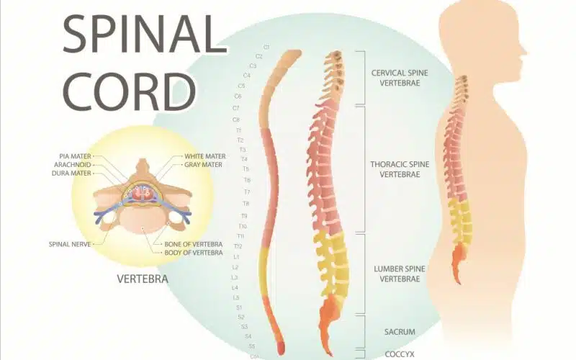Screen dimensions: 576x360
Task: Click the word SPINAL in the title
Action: [x=145, y=34]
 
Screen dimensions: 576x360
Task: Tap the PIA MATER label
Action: [x=75, y=156]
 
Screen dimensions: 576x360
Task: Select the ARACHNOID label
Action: [x=73, y=165]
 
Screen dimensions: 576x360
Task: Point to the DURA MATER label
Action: [x=71, y=173]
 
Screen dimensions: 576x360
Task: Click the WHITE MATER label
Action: [x=205, y=156]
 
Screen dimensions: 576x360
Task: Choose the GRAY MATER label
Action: [x=203, y=165]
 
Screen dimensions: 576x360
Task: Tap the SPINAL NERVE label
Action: [x=70, y=244]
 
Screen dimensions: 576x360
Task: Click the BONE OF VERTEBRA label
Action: [x=194, y=244]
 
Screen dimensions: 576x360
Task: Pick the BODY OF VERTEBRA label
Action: [x=194, y=253]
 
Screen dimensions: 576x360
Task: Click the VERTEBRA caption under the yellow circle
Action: [x=143, y=279]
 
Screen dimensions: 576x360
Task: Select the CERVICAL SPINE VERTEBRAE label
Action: [x=400, y=78]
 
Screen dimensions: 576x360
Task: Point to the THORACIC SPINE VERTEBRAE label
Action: [x=400, y=169]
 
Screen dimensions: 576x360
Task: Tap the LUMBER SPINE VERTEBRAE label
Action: [x=400, y=274]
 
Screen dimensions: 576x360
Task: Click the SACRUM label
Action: [x=400, y=332]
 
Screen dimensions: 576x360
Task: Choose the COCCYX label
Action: [x=400, y=354]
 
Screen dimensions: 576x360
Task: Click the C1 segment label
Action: [x=266, y=47]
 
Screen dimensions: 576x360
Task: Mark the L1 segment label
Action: [x=237, y=257]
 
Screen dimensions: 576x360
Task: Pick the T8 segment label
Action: [x=246, y=203]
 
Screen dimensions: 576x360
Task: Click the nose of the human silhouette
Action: [x=524, y=51]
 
